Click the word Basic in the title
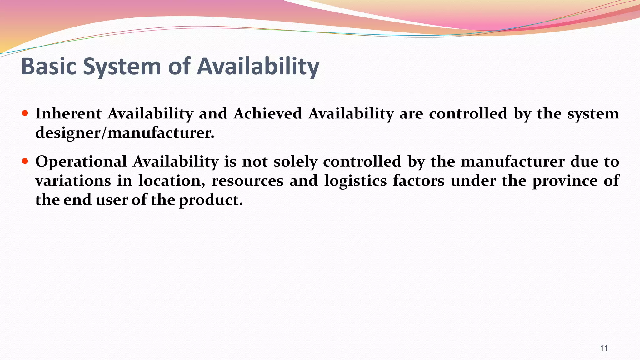click(49, 66)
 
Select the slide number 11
click(604, 348)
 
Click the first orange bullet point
click(25, 113)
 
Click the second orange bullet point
click(25, 161)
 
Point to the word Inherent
click(68, 113)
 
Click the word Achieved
click(267, 113)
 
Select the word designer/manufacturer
click(125, 133)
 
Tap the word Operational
click(81, 162)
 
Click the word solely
click(295, 162)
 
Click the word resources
click(247, 181)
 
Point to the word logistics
click(355, 181)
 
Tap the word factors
click(418, 181)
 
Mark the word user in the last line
click(112, 200)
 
